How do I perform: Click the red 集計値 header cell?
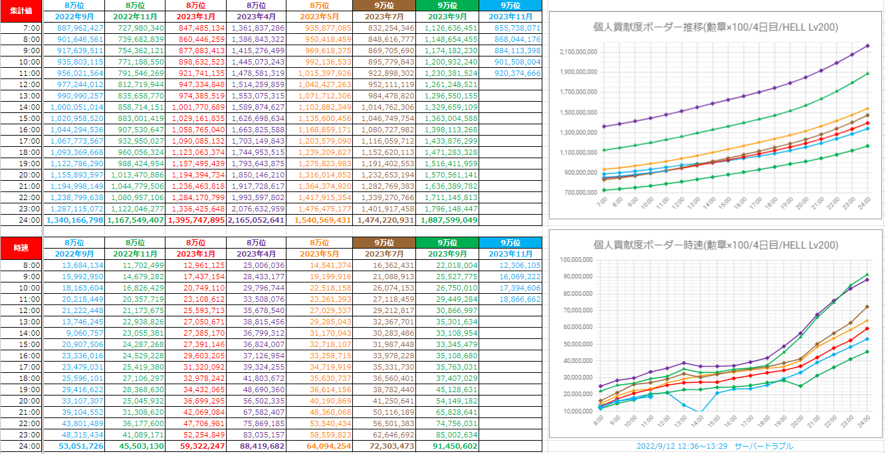21,11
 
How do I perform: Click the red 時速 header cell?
21,247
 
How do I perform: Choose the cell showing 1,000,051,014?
74,107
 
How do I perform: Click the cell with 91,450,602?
449,445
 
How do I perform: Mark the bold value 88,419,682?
259,445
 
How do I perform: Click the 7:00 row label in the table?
31,28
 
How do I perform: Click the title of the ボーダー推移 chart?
715,27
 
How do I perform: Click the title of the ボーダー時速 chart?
715,245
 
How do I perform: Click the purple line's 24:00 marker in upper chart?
867,46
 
